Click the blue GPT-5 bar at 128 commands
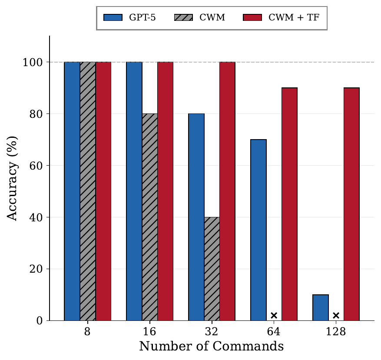click(321, 307)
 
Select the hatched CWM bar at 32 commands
click(212, 269)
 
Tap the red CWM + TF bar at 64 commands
click(289, 204)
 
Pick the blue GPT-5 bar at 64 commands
click(258, 230)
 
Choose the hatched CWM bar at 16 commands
click(149, 217)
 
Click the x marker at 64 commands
click(274, 315)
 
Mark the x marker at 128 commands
click(336, 315)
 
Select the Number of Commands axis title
click(212, 347)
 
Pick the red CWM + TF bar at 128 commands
click(351, 204)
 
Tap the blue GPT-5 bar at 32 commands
click(196, 217)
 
